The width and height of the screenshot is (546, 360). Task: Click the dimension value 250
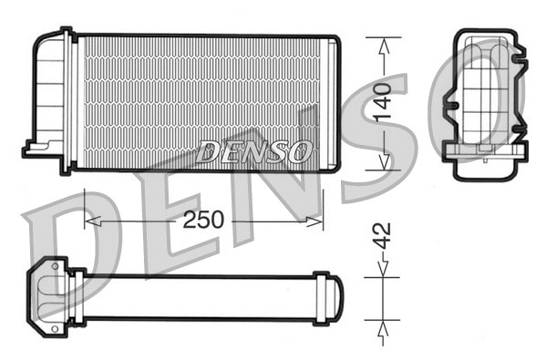pyautogui.click(x=206, y=220)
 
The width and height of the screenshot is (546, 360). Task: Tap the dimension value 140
pyautogui.click(x=384, y=103)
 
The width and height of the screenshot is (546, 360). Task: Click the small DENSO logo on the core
pyautogui.click(x=254, y=152)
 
